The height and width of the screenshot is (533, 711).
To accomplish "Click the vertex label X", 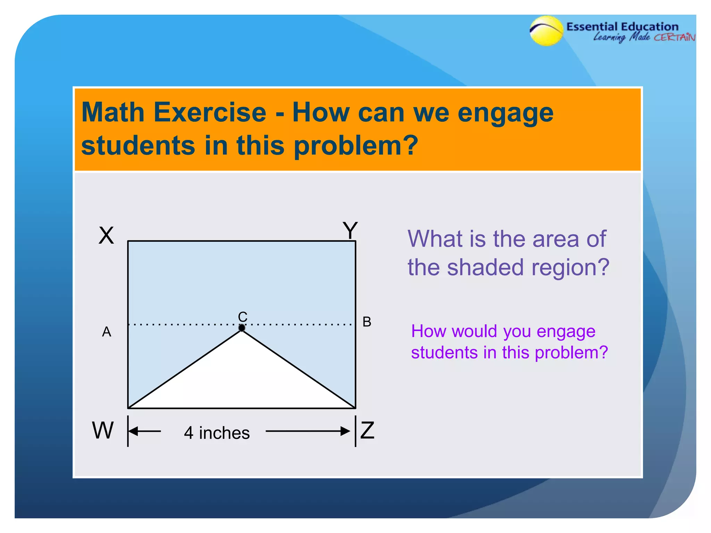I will pyautogui.click(x=106, y=236).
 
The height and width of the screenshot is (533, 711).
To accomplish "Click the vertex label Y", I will pyautogui.click(x=350, y=230).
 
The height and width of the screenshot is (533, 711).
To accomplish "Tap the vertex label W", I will pyautogui.click(x=103, y=430).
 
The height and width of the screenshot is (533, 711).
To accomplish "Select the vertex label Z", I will pyautogui.click(x=367, y=430).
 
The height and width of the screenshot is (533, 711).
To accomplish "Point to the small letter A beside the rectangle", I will pyautogui.click(x=107, y=332).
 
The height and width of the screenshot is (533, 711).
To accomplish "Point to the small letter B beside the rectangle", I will pyautogui.click(x=367, y=322).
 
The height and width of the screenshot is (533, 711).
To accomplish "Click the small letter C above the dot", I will pyautogui.click(x=243, y=316).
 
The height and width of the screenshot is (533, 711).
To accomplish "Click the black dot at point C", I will pyautogui.click(x=242, y=328).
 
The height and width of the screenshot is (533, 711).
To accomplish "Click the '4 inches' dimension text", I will pyautogui.click(x=217, y=433).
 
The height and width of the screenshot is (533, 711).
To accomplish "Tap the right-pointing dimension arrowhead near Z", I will pyautogui.click(x=345, y=431).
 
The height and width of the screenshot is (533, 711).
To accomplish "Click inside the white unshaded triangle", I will pyautogui.click(x=242, y=378).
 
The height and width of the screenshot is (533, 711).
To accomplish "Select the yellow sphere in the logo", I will pyautogui.click(x=546, y=31).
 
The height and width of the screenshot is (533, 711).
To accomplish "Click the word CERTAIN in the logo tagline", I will pyautogui.click(x=674, y=37).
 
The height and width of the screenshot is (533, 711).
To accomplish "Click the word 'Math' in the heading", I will pyautogui.click(x=113, y=112).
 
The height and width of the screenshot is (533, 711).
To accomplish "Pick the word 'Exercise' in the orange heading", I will pyautogui.click(x=210, y=112).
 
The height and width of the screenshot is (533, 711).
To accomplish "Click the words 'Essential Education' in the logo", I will pyautogui.click(x=622, y=27).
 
